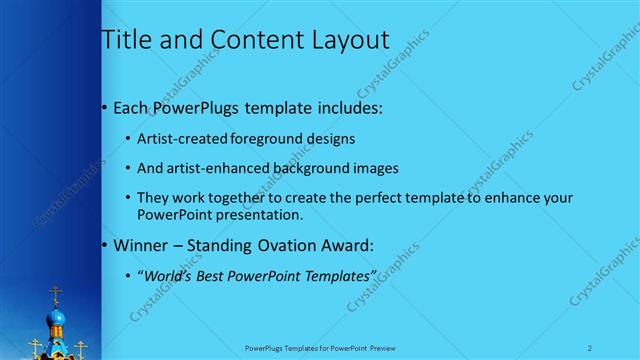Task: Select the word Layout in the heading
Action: pyautogui.click(x=341, y=40)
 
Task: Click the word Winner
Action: pyautogui.click(x=141, y=244)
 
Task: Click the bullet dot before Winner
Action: pyautogui.click(x=106, y=245)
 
